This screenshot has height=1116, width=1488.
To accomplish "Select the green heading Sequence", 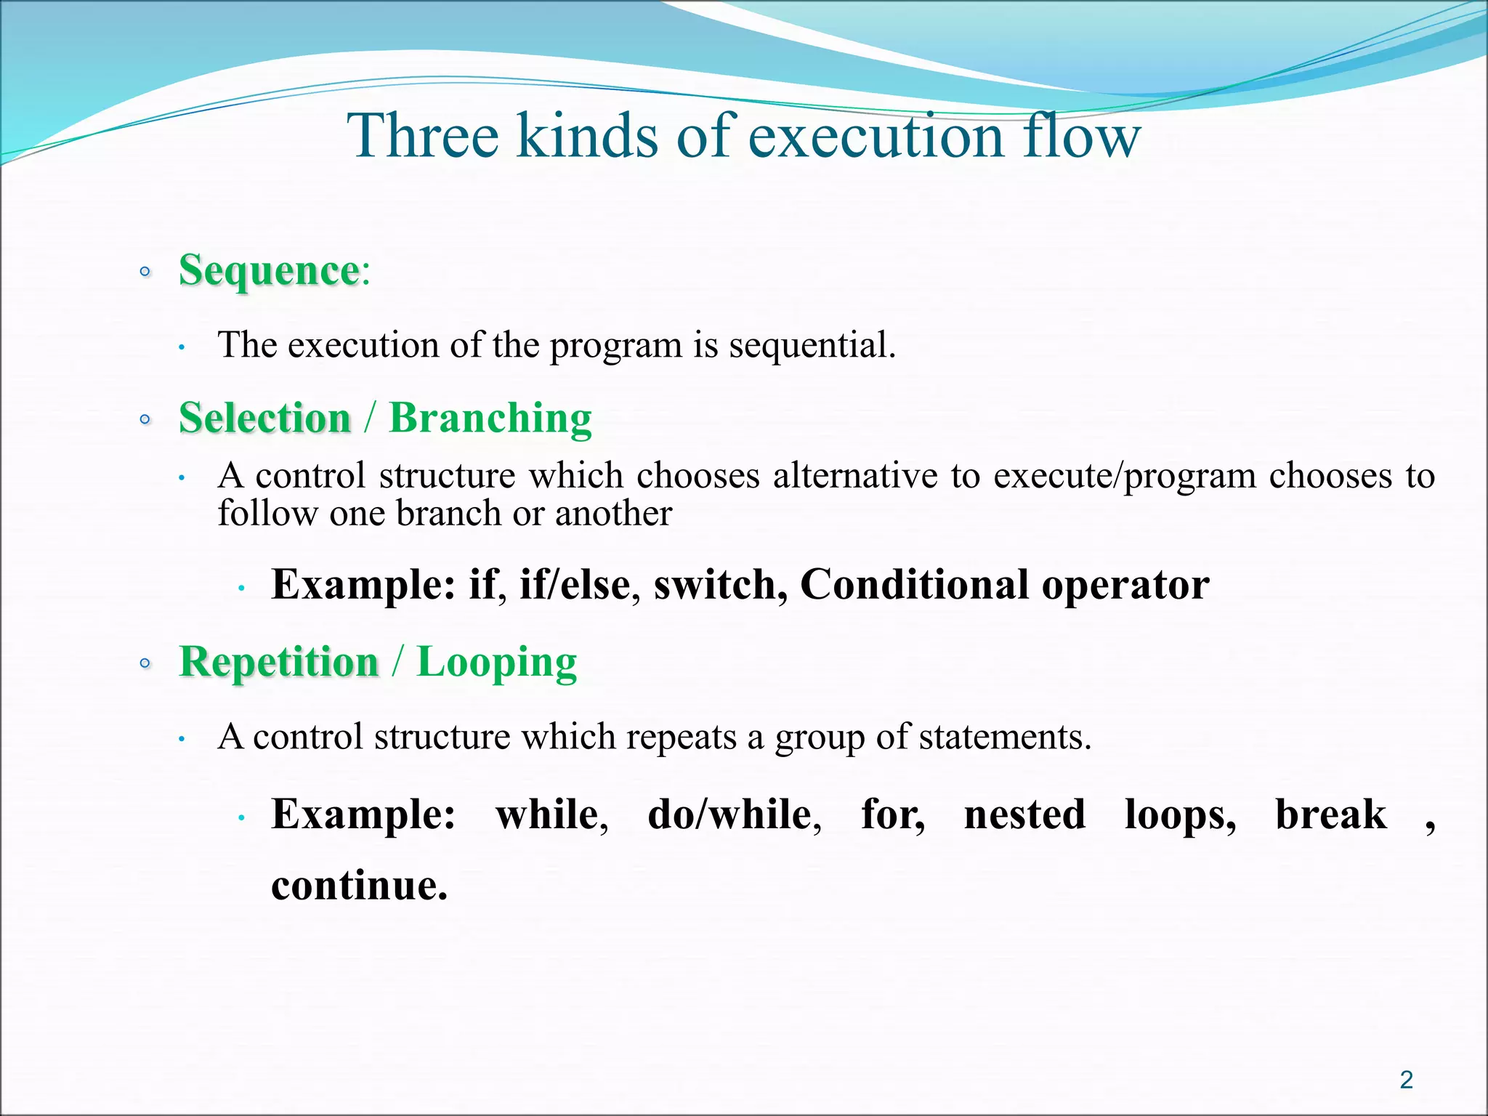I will [269, 271].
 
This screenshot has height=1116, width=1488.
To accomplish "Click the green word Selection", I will [265, 418].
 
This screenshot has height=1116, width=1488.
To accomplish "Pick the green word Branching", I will [490, 418].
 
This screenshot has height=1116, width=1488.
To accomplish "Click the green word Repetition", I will [279, 662].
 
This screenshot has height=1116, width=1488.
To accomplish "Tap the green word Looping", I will [496, 662].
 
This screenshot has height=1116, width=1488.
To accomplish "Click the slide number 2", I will [1406, 1080].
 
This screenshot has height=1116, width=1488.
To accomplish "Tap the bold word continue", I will [359, 886].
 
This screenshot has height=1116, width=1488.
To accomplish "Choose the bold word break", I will [1330, 814].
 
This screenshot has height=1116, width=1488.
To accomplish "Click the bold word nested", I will [1024, 814].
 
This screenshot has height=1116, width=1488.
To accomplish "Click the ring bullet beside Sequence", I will [145, 272].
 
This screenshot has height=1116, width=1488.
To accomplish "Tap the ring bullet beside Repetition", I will [145, 663].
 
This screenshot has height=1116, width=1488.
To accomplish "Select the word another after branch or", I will [613, 514].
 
